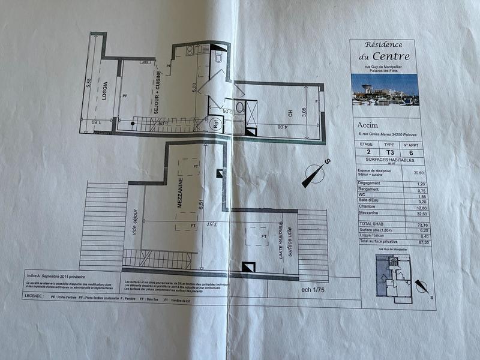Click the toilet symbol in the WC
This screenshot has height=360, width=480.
(218, 56)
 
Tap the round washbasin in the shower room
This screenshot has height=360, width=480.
(240, 109)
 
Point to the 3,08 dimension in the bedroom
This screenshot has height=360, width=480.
(304, 112)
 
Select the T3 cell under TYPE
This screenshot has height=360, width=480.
(389, 152)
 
